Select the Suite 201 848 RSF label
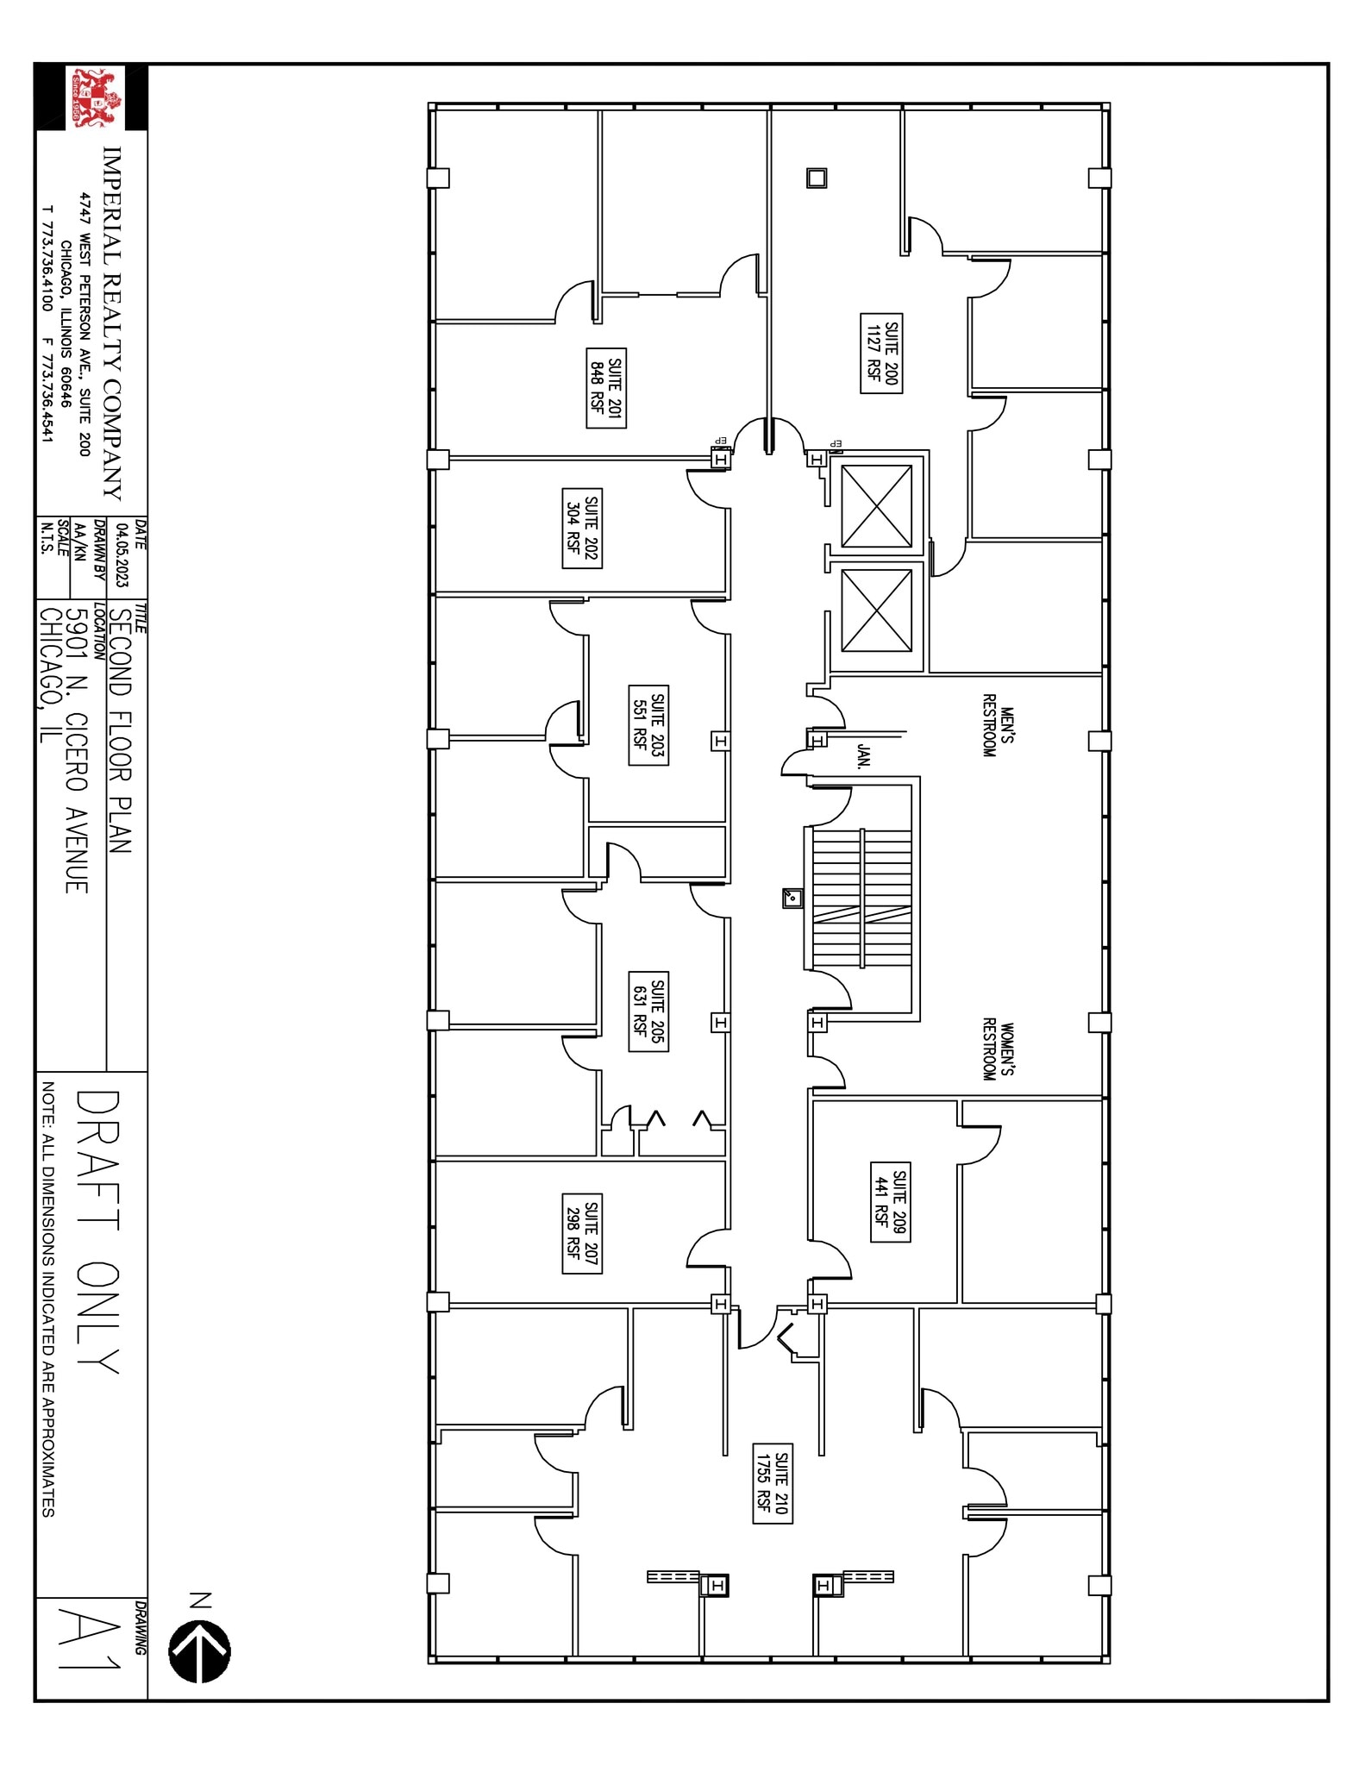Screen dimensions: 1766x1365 (x=606, y=387)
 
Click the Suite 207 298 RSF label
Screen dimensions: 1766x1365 (x=582, y=1233)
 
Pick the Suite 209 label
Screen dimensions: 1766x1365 (x=890, y=1202)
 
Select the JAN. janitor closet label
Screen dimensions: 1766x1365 (x=864, y=756)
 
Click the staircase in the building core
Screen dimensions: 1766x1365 (x=861, y=899)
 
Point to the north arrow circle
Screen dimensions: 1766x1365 (x=200, y=1652)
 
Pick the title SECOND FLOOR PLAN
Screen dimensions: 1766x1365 (x=120, y=731)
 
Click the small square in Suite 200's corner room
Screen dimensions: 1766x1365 (x=816, y=178)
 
